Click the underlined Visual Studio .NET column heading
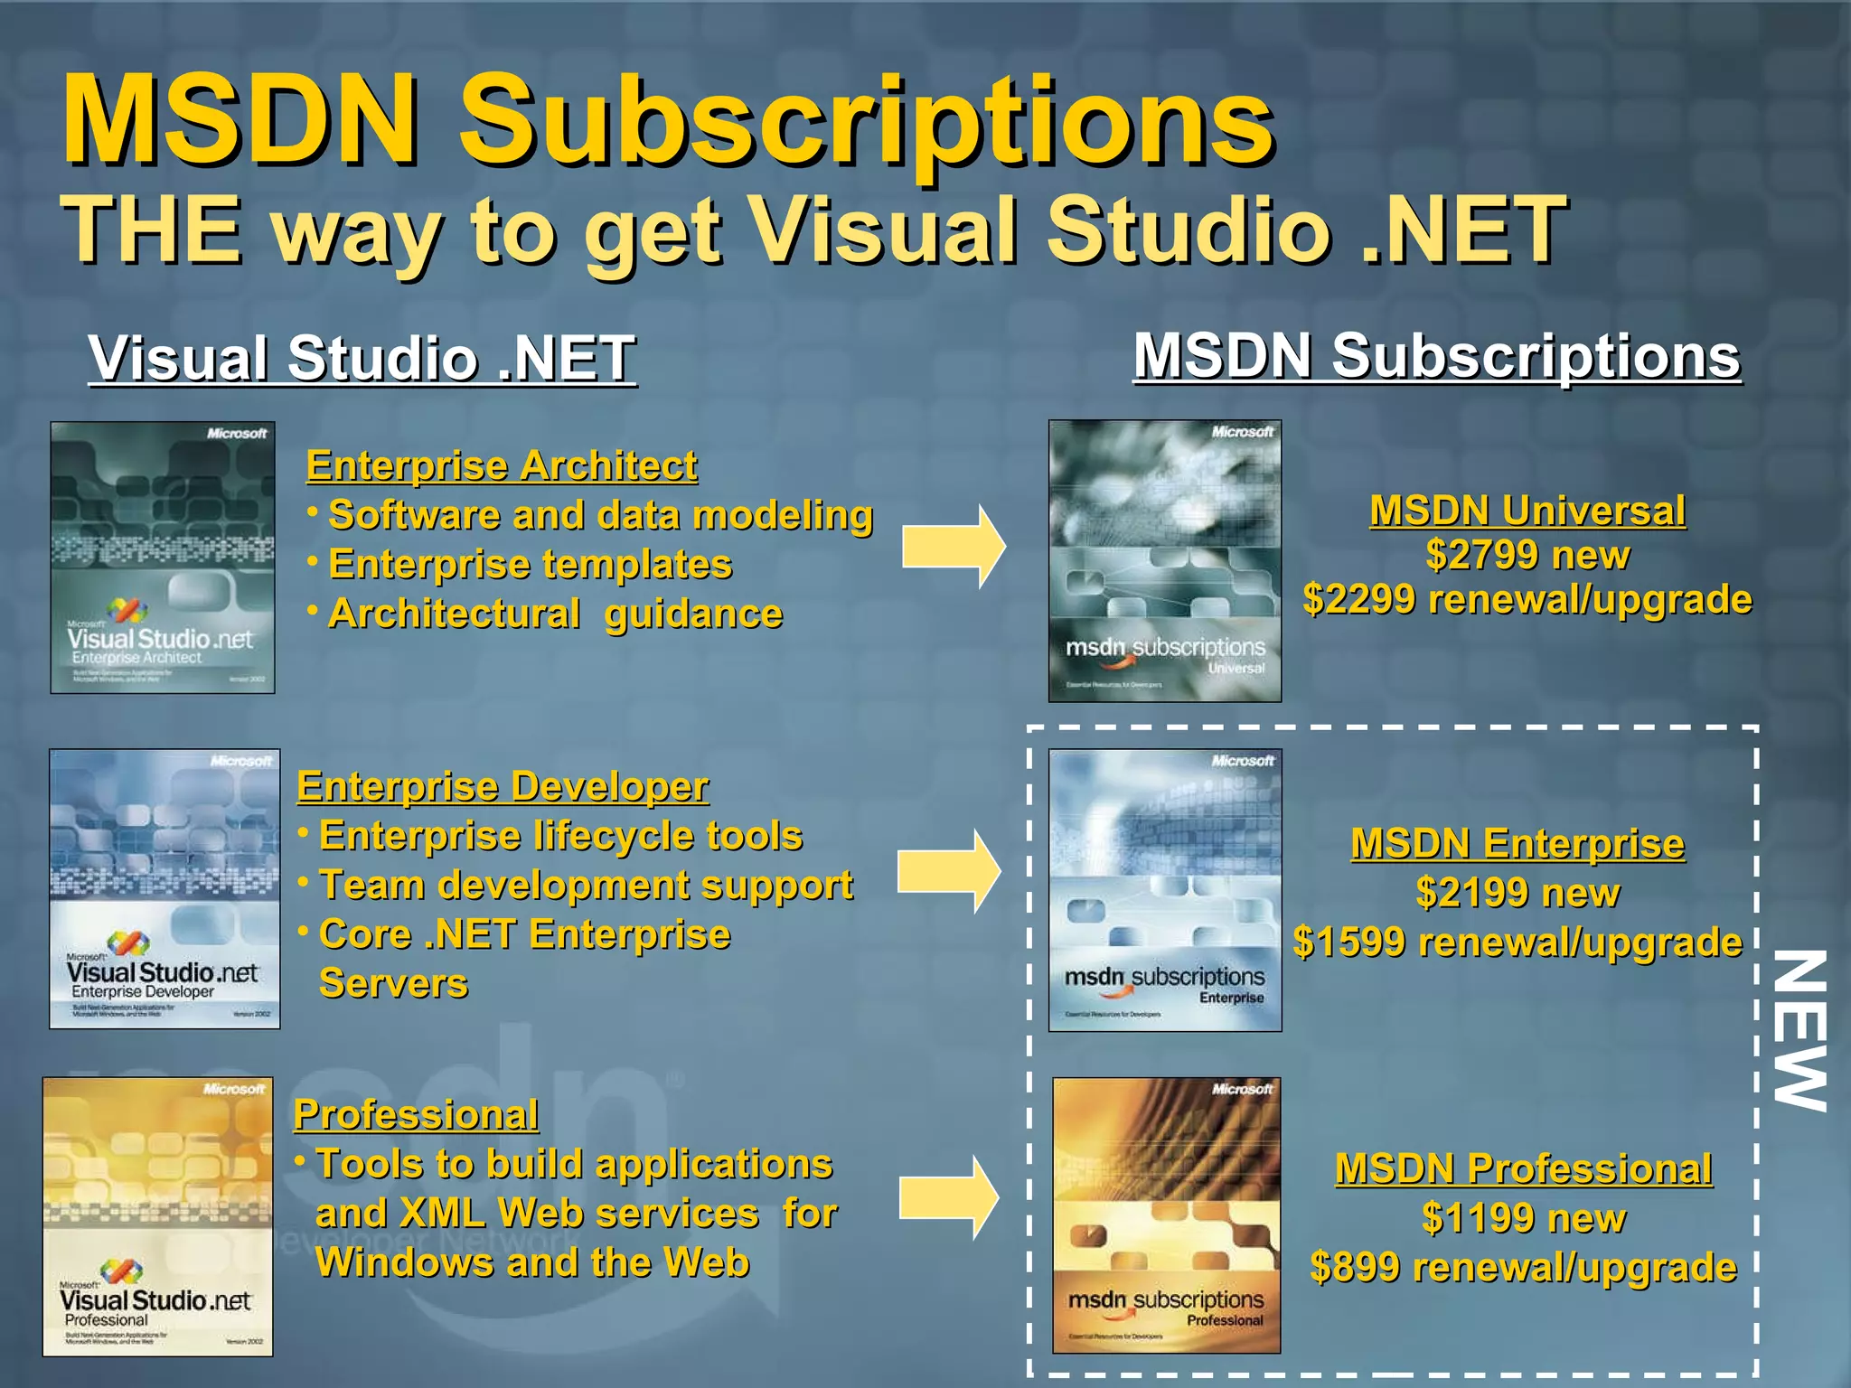coord(362,358)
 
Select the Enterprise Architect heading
coord(502,465)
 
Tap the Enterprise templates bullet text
coord(530,564)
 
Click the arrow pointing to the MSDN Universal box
coord(953,547)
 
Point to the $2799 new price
coord(1527,555)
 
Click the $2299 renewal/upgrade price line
coord(1527,599)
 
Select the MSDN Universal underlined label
coord(1527,511)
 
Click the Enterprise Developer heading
coord(503,786)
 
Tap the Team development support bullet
coord(586,885)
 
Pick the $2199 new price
coord(1517,893)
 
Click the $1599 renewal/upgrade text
coord(1517,942)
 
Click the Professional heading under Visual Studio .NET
coord(416,1114)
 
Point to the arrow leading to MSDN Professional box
coord(948,1198)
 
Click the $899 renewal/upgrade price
coord(1523,1267)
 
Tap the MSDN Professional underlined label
coord(1523,1168)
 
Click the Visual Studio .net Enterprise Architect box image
coord(163,558)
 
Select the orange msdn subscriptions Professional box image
coord(1166,1214)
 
